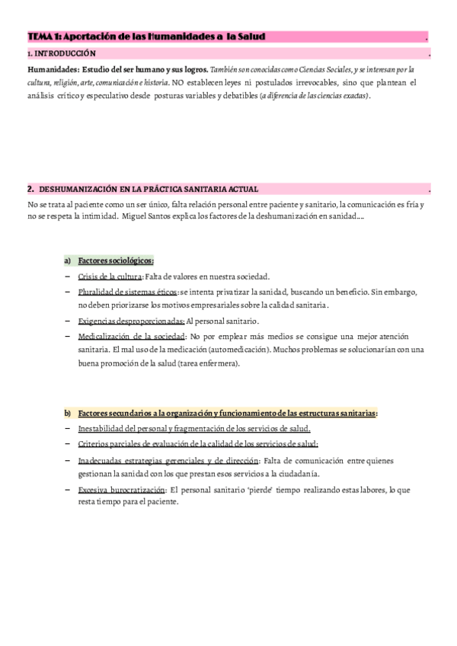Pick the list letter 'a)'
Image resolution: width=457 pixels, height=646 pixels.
[x=68, y=261]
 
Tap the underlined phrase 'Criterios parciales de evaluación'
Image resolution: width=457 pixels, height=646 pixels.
[x=140, y=444]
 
